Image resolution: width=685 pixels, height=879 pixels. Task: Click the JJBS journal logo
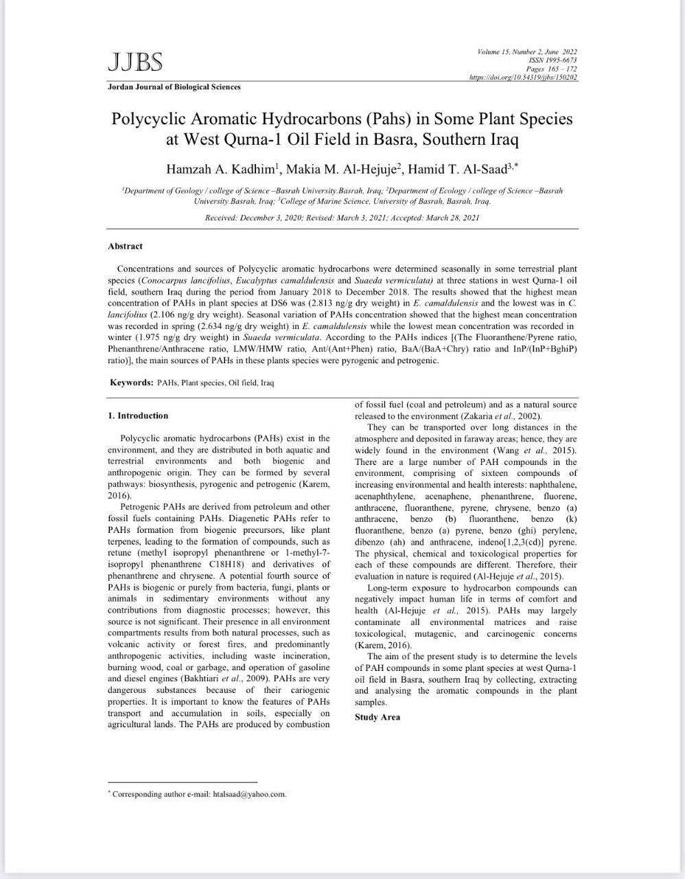(135, 62)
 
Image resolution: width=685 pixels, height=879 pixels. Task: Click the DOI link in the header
(523, 78)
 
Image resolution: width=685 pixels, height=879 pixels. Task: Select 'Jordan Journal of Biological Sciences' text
(174, 87)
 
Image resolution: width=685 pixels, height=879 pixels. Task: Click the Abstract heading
(125, 247)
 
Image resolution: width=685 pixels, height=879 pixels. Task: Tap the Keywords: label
(132, 383)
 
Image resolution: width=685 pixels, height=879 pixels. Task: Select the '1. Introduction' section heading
(138, 415)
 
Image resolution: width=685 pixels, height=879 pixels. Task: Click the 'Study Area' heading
(378, 717)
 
